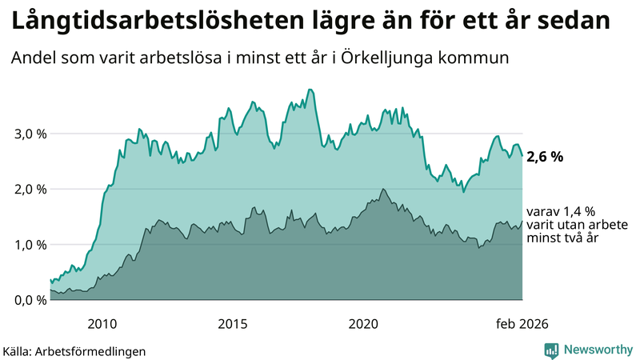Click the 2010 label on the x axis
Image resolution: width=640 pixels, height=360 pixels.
102,323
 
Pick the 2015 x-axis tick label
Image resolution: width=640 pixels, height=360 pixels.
232,323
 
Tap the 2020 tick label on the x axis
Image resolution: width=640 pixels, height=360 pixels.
362,323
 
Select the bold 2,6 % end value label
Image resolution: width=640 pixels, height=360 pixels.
544,158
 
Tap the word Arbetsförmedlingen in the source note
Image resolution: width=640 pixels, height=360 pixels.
95,350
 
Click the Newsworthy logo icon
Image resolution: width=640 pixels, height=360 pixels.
551,350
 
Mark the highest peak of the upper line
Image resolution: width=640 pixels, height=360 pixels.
310,90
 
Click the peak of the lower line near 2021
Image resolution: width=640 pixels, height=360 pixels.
383,189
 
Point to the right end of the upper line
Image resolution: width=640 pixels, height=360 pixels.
522,156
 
